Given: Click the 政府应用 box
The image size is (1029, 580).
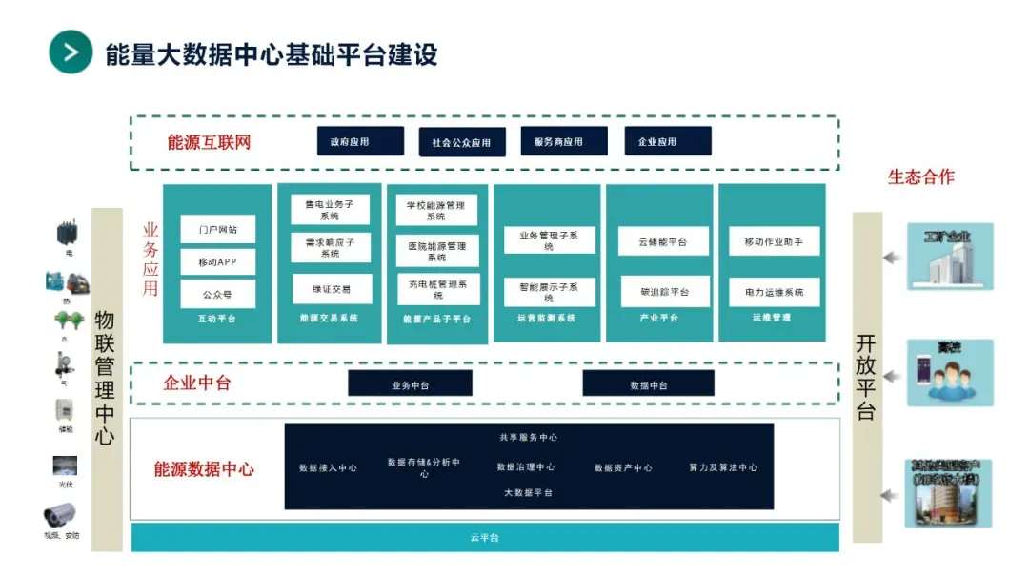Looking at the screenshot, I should tap(350, 141).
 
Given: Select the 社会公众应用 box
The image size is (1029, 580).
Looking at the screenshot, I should tap(461, 142).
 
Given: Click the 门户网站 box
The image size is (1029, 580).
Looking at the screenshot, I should tap(218, 230).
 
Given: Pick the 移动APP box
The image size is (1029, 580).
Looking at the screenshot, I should tap(218, 261).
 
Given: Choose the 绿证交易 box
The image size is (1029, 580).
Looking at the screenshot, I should tap(330, 289).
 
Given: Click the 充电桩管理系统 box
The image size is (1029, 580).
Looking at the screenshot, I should tap(437, 289).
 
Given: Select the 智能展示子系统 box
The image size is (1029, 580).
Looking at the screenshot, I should tap(549, 291).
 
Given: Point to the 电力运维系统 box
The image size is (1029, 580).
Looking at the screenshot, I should tap(774, 292).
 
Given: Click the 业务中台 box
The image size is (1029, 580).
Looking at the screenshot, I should tap(410, 384).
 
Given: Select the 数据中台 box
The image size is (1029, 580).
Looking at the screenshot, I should tap(649, 384).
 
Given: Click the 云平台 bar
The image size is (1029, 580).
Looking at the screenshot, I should tap(484, 538).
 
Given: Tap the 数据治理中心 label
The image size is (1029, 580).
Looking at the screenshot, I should tap(526, 467).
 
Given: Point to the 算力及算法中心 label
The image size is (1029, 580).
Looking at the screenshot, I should tap(723, 467).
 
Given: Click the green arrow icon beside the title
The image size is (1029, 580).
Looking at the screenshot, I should tap(71, 52).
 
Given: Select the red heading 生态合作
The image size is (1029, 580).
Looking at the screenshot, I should tap(920, 176).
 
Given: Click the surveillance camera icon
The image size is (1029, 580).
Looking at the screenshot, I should tap(59, 516).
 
